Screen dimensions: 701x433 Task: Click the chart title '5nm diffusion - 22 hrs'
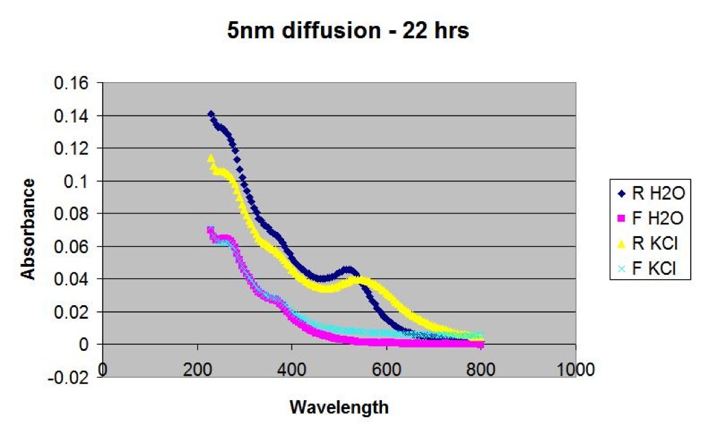[348, 31]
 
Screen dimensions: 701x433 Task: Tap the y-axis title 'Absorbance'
[27, 229]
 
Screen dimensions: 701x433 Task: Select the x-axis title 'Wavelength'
[339, 407]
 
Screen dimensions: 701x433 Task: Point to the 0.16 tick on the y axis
[71, 83]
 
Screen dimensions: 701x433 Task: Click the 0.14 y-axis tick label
[71, 116]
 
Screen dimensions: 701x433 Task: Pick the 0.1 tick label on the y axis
[76, 181]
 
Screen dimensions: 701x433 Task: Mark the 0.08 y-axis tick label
[71, 213]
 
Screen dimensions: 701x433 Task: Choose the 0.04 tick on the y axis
[71, 279]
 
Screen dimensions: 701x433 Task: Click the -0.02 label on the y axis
[68, 377]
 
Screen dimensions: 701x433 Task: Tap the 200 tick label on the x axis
[197, 370]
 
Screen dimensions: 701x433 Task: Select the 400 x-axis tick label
[292, 370]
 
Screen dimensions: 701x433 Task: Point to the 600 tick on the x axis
[386, 370]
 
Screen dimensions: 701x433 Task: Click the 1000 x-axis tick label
[575, 370]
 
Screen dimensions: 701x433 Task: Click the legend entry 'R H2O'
[650, 194]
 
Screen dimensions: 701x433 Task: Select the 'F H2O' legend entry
[650, 218]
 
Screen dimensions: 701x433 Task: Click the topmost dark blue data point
[211, 114]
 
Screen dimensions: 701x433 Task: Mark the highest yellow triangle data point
[211, 157]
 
